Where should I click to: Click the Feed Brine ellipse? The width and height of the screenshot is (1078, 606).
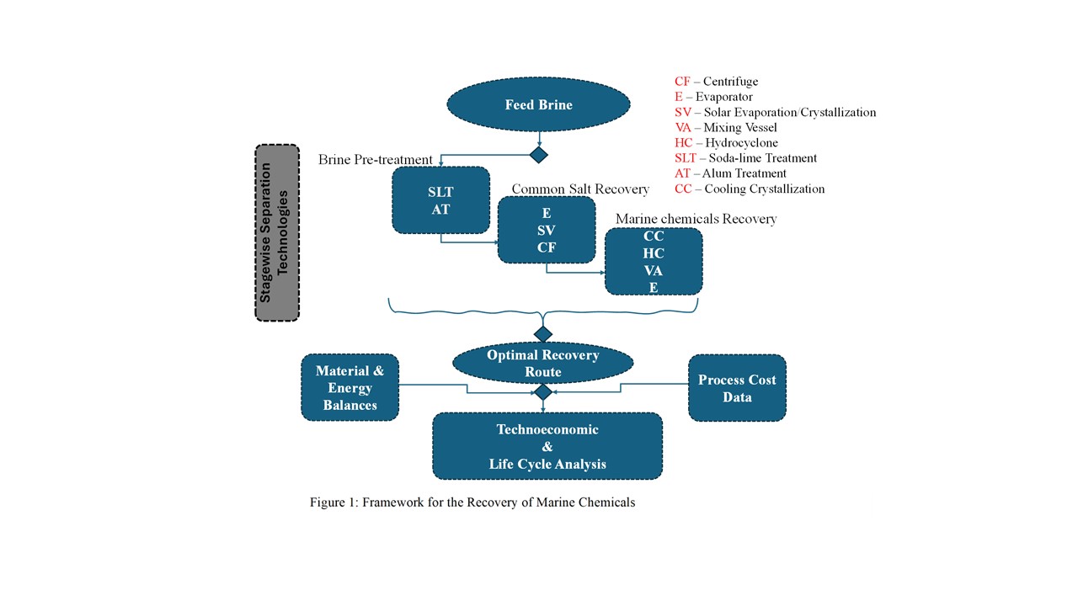(538, 104)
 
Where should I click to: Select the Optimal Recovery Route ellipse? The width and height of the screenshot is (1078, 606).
(542, 364)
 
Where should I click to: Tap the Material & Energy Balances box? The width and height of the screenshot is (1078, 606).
(350, 387)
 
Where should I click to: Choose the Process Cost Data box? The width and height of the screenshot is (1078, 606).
(737, 387)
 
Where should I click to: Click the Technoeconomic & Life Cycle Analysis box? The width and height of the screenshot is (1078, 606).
(547, 446)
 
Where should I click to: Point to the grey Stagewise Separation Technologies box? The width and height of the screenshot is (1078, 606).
(277, 232)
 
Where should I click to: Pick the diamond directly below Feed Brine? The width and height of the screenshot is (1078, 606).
(538, 155)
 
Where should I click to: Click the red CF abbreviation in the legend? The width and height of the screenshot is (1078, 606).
(682, 82)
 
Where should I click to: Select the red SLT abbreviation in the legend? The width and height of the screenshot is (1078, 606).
(686, 158)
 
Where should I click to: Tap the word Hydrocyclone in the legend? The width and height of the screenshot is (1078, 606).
(740, 143)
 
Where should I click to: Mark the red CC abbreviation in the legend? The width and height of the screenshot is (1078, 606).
(683, 189)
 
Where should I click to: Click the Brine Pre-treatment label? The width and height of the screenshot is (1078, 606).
(375, 160)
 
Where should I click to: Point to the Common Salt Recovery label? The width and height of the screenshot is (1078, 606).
(580, 189)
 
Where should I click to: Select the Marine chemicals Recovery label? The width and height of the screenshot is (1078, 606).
(696, 219)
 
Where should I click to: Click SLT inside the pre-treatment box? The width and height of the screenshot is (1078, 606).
(440, 193)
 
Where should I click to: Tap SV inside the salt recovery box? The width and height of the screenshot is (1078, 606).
(547, 231)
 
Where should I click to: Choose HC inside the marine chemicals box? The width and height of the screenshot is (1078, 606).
(654, 253)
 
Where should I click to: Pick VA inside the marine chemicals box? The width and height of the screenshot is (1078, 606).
(654, 271)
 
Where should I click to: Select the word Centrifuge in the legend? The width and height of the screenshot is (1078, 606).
(731, 82)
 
